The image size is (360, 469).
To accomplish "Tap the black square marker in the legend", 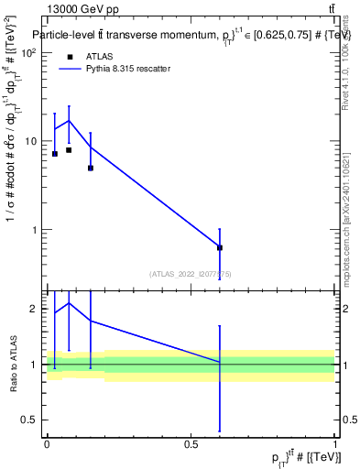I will pyautogui.click(x=70, y=56).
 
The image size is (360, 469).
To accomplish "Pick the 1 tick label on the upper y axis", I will pyautogui.click(x=35, y=230).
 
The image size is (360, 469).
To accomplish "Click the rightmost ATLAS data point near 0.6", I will pyautogui.click(x=220, y=247).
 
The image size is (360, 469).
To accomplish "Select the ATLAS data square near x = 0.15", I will pyautogui.click(x=91, y=168).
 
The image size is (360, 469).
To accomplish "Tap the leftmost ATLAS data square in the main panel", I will pyautogui.click(x=55, y=154).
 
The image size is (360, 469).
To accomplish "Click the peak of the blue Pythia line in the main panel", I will pyautogui.click(x=69, y=121).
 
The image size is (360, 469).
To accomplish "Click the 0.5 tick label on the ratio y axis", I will pyautogui.click(x=30, y=420).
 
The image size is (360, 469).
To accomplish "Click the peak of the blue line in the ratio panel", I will pyautogui.click(x=69, y=302).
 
